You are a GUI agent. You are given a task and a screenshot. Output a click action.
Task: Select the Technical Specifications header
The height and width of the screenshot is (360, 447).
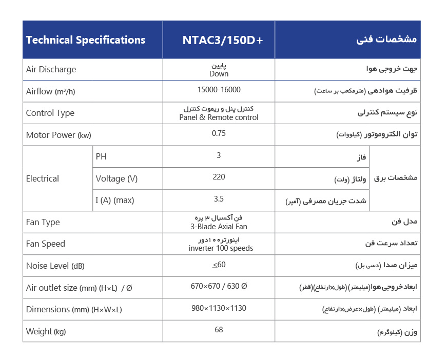click(x=86, y=40)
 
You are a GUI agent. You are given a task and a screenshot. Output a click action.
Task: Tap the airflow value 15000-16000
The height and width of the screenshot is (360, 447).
click(x=219, y=90)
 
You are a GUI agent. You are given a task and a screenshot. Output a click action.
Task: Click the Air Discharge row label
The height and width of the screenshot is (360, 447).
click(x=51, y=69)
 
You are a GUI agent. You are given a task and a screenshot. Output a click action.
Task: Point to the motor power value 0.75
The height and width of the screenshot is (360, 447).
click(x=219, y=133)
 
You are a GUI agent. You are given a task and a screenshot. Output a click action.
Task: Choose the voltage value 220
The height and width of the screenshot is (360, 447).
click(x=219, y=177)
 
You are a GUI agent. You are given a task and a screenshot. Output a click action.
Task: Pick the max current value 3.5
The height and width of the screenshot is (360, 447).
click(x=219, y=199)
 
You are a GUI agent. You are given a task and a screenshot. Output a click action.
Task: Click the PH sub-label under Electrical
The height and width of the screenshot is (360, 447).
click(x=101, y=156)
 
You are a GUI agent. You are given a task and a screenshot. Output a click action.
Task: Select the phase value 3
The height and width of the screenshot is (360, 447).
click(x=219, y=155)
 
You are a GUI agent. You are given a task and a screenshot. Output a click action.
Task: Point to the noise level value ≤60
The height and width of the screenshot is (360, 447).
click(x=219, y=265)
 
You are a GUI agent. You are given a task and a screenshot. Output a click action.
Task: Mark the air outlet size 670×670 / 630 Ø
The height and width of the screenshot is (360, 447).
click(x=219, y=286)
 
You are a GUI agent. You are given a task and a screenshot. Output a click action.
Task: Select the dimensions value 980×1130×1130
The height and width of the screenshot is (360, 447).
click(x=219, y=308)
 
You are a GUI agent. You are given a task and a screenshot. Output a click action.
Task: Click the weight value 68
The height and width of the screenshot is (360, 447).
click(x=219, y=330)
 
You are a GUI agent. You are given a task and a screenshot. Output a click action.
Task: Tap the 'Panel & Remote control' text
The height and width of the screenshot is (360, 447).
click(x=219, y=117)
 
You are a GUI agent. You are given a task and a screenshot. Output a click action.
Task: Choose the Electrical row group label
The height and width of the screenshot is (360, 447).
click(x=43, y=178)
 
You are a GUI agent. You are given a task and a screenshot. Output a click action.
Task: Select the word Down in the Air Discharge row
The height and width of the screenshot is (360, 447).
click(x=219, y=74)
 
